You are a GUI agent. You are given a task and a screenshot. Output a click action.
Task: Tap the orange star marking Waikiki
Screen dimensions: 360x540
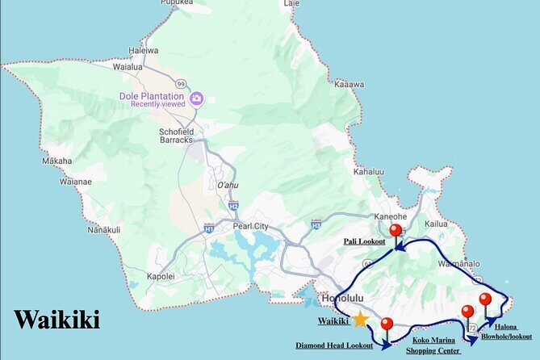(x=360, y=320)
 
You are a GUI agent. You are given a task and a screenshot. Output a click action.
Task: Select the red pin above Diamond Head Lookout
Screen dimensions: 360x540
(x=387, y=324)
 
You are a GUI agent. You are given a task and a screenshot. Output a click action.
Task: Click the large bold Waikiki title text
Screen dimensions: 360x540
(x=57, y=320)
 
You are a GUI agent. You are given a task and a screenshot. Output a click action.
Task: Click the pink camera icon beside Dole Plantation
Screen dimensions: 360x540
(x=196, y=99)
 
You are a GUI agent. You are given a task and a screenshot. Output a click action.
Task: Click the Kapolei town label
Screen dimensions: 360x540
(x=161, y=276)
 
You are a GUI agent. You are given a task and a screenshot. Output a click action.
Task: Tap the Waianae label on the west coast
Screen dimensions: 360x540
(x=73, y=182)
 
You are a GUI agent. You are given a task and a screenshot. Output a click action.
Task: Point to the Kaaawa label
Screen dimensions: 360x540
(x=349, y=84)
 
